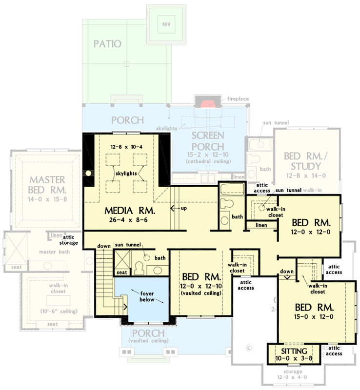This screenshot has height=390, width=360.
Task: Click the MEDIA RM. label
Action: pyautogui.click(x=130, y=211)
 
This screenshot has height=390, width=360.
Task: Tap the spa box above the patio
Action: pyautogui.click(x=167, y=24)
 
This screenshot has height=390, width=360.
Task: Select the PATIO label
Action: pyautogui.click(x=107, y=44)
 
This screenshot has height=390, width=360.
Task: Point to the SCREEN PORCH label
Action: pyautogui.click(x=207, y=141)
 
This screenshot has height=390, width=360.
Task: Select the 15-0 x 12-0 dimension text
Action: pyautogui.click(x=314, y=317)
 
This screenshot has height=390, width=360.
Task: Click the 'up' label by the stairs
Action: pyautogui.click(x=183, y=208)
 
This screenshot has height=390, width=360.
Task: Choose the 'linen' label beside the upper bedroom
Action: pyautogui.click(x=261, y=225)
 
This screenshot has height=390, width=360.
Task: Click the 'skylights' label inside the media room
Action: pyautogui.click(x=126, y=173)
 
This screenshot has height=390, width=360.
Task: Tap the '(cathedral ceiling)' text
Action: pyautogui.click(x=207, y=161)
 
